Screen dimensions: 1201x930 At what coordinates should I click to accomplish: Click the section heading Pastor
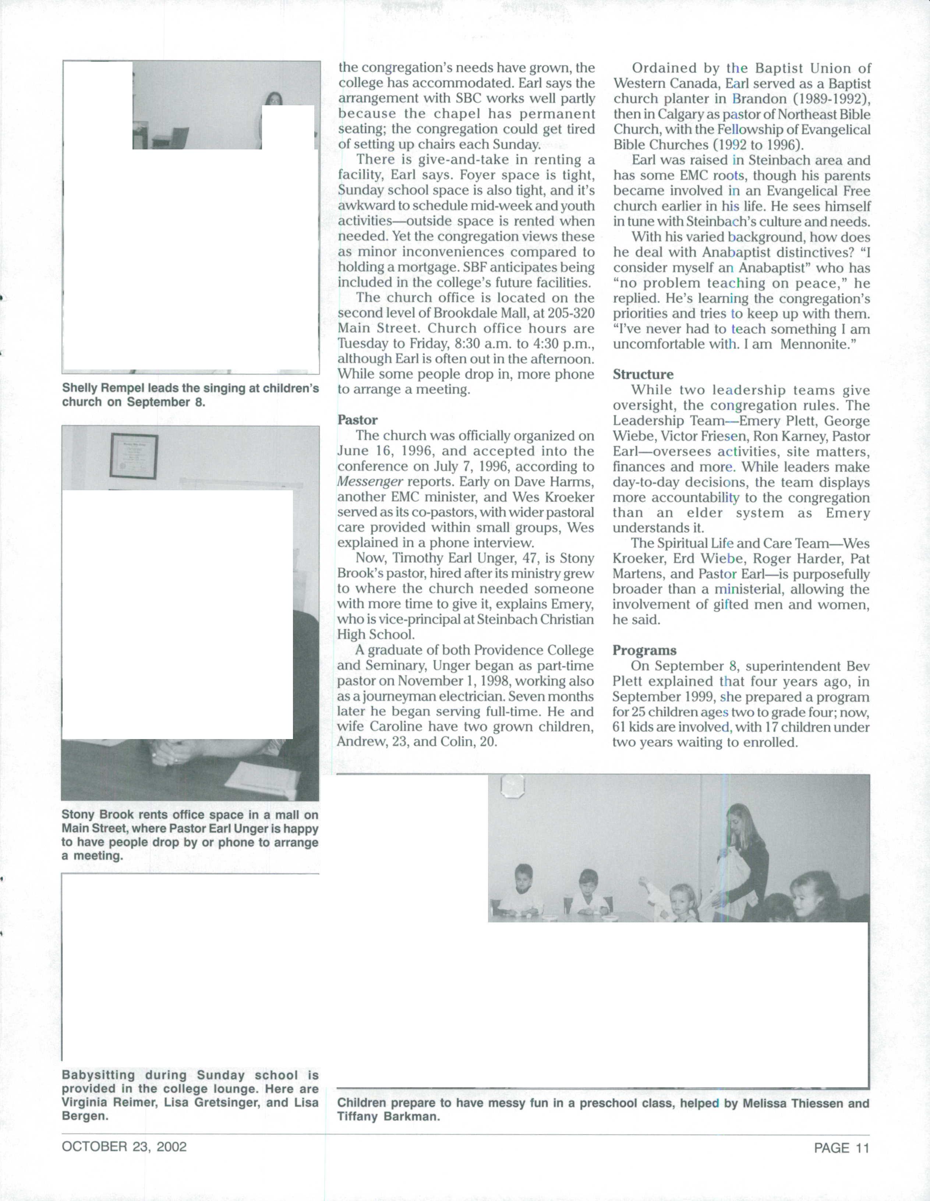pyautogui.click(x=357, y=420)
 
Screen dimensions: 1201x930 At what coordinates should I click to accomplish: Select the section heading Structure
pyautogui.click(x=643, y=374)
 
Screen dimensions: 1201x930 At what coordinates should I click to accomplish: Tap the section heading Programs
pyautogui.click(x=644, y=650)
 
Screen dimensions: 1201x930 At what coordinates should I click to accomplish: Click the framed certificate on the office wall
pyautogui.click(x=134, y=456)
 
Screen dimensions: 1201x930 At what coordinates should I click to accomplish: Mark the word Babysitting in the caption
pyautogui.click(x=98, y=1075)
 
